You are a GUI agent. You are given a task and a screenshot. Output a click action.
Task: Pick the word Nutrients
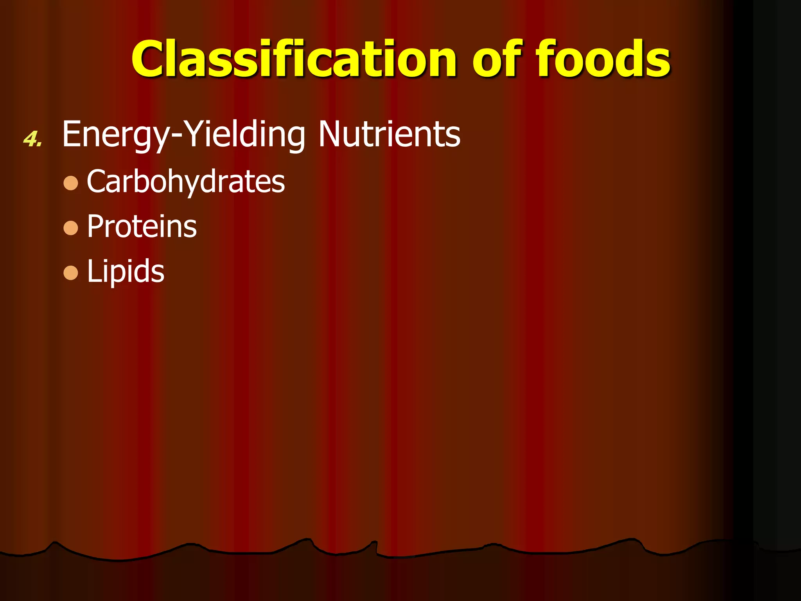coord(389,134)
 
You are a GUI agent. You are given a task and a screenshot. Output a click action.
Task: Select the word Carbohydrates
coord(186,182)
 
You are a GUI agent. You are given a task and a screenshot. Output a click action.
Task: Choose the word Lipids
coord(126,271)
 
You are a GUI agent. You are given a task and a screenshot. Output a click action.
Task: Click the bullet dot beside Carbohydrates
coord(71,183)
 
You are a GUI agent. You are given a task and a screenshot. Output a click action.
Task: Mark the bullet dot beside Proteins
coord(71,228)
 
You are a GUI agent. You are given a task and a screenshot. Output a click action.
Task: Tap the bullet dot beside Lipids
coord(71,273)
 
